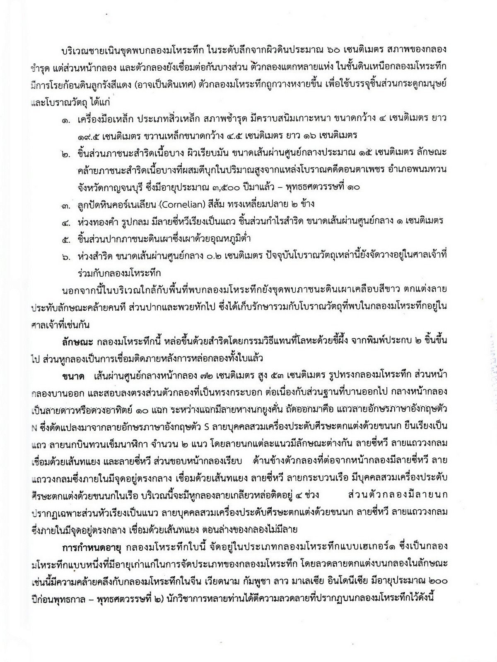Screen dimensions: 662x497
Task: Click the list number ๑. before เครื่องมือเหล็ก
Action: (x=66, y=119)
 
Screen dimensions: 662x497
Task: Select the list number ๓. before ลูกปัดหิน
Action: (x=66, y=204)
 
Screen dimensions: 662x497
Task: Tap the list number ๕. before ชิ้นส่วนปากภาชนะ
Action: (x=66, y=239)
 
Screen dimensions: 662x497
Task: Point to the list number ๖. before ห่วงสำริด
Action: (x=66, y=257)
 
